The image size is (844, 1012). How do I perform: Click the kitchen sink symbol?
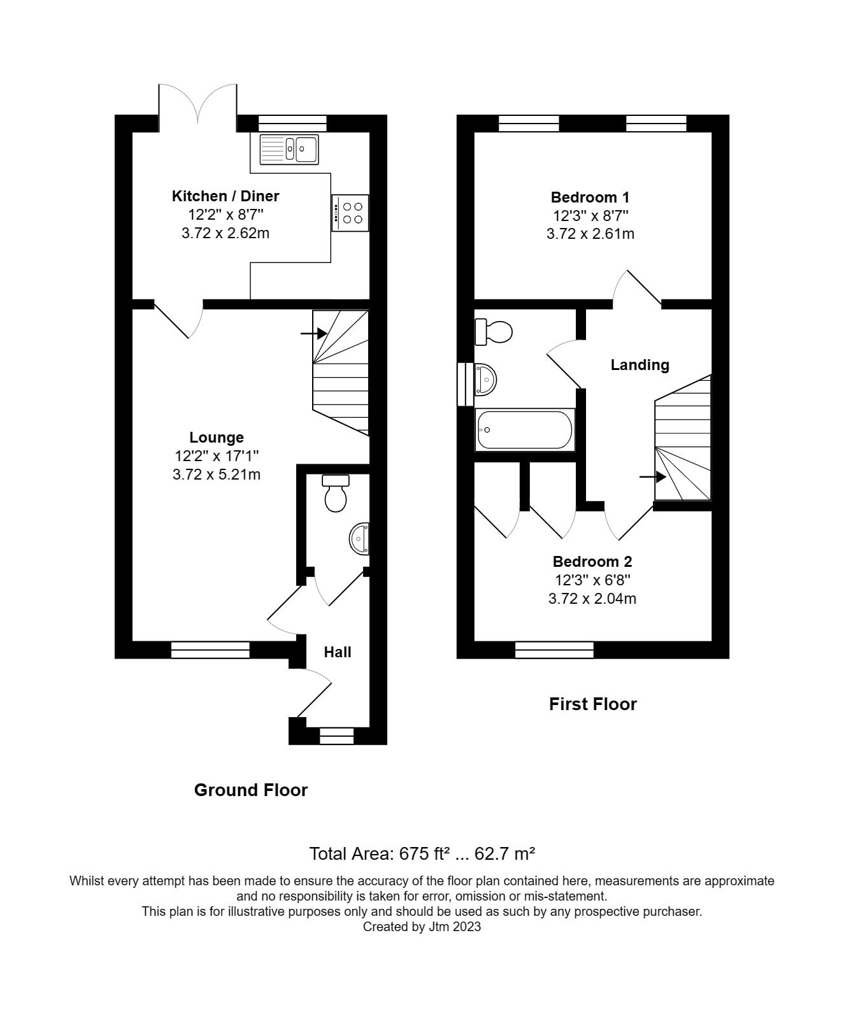tap(289, 150)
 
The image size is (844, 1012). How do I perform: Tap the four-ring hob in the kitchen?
tap(350, 213)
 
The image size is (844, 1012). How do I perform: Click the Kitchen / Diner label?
tap(225, 196)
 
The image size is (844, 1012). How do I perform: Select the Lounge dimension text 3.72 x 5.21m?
tap(217, 474)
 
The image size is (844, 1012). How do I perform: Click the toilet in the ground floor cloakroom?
tap(335, 494)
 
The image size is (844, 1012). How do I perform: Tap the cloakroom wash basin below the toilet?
tap(359, 539)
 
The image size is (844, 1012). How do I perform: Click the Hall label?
tap(338, 652)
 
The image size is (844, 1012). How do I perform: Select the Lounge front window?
tap(210, 650)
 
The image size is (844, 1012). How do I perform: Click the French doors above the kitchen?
tap(198, 105)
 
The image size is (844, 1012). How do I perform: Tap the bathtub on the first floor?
tap(525, 430)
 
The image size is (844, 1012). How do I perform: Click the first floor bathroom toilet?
tap(494, 331)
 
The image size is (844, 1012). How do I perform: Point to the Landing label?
tap(640, 365)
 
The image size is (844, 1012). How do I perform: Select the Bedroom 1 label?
tap(590, 197)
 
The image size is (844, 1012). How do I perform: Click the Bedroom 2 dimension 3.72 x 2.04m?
tap(592, 599)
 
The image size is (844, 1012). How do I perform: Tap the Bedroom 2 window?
tap(554, 650)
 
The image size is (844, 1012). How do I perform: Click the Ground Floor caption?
tap(251, 790)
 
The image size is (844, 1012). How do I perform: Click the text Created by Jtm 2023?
tap(422, 927)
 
